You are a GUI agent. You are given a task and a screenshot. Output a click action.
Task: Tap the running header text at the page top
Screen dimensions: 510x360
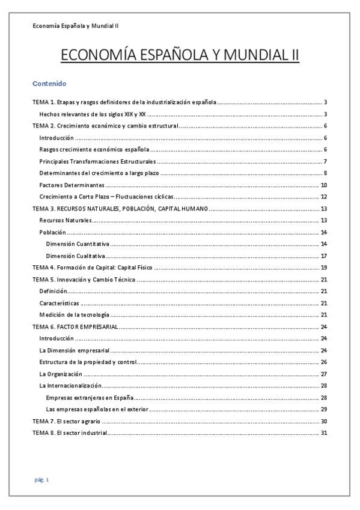tap(75, 26)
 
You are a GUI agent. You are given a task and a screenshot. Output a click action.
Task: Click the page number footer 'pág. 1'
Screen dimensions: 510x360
tap(41, 479)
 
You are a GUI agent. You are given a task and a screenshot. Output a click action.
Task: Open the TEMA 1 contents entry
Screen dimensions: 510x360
tap(124, 102)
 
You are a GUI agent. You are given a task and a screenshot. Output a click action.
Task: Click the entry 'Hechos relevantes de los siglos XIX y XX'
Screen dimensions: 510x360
tap(93, 114)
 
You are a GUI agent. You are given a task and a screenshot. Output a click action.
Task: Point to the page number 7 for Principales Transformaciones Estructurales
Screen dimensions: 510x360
tap(325, 162)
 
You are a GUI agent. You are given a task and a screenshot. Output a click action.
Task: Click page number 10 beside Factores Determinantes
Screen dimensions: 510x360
tap(323, 185)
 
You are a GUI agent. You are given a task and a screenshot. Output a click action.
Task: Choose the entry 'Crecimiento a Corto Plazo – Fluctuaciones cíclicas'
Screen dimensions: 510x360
tap(107, 197)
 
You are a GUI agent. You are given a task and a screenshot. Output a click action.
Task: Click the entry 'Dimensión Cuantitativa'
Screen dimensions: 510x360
tap(78, 244)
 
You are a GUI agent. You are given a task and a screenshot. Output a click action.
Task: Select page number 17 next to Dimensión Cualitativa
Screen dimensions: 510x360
tap(323, 256)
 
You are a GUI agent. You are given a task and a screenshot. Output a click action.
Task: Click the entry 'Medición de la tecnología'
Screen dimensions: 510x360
tap(74, 315)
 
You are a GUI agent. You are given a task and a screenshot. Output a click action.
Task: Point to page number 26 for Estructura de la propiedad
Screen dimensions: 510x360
tap(323, 362)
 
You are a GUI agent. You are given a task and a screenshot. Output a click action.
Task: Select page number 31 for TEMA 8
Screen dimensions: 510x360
tap(323, 433)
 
